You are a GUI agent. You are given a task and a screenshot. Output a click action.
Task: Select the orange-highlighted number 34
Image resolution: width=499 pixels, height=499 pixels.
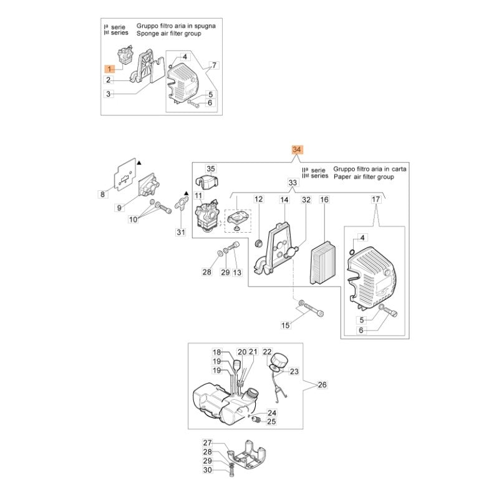297,150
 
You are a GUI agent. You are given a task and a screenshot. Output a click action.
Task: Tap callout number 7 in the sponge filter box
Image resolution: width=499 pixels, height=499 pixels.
214,65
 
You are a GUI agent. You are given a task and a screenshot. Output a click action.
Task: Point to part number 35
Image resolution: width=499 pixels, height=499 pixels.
210,169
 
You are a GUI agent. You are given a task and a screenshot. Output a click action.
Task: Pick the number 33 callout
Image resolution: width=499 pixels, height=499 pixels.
293,182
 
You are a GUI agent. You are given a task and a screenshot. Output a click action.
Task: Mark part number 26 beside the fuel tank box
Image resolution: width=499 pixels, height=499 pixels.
322,385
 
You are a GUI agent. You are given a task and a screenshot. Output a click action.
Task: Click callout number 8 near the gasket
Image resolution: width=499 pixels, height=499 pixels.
103,195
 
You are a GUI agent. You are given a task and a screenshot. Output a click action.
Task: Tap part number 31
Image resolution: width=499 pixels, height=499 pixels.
180,233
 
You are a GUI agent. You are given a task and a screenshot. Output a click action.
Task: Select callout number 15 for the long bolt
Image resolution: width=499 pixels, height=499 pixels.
285,325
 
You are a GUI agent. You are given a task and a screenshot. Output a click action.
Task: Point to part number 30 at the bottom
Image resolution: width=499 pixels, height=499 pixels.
208,470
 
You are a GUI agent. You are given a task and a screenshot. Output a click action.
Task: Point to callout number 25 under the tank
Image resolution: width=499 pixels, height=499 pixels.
272,422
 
